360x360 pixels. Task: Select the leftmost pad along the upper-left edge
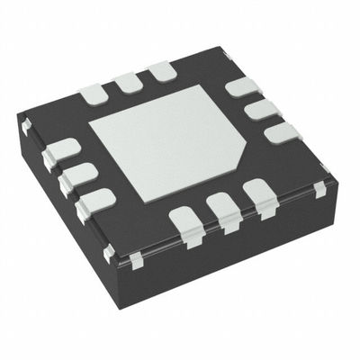pos(94,93)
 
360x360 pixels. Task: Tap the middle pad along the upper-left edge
pos(128,83)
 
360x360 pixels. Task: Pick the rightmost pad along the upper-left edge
pos(161,72)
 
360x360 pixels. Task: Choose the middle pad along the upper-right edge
pos(261,111)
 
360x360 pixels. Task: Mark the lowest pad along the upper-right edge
pos(282,133)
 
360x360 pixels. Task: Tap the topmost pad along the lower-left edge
pos(61,152)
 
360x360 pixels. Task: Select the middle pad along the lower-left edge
pos(78,176)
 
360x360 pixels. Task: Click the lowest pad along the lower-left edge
pos(96,202)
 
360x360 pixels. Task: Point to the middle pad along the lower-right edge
pos(223,210)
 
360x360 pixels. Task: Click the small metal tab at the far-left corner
pos(25,127)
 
